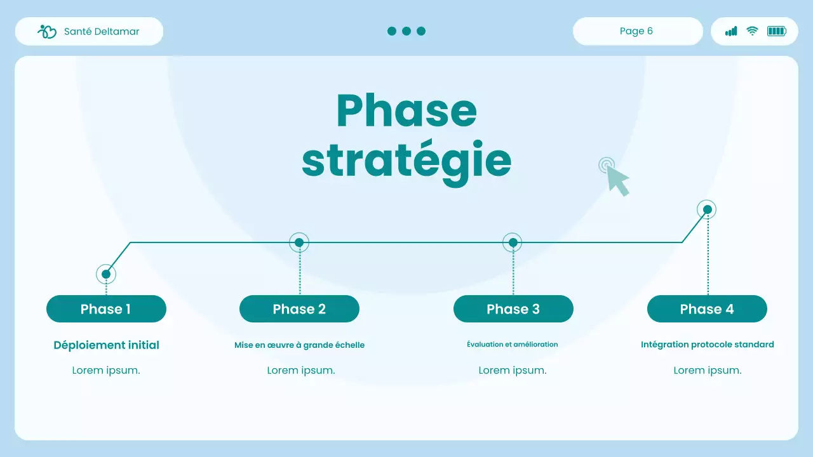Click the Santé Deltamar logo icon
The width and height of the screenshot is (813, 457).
[x=47, y=32]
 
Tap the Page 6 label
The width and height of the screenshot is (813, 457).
[x=636, y=31]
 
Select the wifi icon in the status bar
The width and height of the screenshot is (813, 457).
[x=752, y=31]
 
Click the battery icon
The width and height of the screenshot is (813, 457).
[x=776, y=31]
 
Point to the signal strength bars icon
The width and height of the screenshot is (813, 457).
[x=731, y=31]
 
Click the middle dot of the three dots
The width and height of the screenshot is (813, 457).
[x=406, y=31]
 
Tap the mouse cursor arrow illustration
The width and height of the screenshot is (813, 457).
[x=616, y=178]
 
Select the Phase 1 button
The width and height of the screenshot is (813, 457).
[x=106, y=309]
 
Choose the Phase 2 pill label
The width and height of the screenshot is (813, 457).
[x=299, y=309]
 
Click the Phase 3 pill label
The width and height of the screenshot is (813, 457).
[x=513, y=309]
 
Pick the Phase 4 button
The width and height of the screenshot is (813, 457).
[x=707, y=309]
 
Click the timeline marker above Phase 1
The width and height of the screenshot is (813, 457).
[x=106, y=274]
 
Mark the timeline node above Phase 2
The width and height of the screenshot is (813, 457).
[x=299, y=242]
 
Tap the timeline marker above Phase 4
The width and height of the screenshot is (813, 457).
[x=706, y=209]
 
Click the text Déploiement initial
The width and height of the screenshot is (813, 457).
[x=106, y=345]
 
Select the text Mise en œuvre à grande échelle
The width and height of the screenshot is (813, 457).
[x=299, y=345]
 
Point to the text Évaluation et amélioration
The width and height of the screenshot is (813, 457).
[x=513, y=345]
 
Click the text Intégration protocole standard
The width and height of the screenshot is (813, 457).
[x=707, y=345]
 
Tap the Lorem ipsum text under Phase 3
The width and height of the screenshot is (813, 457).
[x=513, y=371]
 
